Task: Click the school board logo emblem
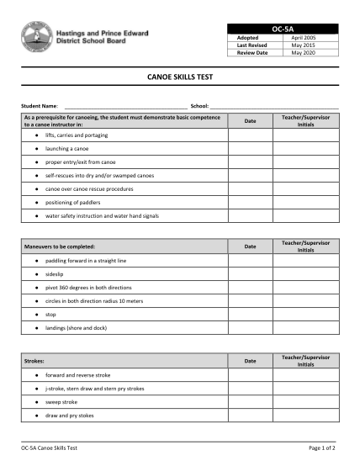tap(34, 37)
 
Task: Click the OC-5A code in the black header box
tap(283, 29)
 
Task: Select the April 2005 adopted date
tap(303, 39)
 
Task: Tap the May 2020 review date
tap(303, 52)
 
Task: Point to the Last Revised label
tap(250, 45)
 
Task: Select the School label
tap(199, 106)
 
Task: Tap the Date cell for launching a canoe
tap(250, 148)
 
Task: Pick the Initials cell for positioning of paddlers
tap(306, 203)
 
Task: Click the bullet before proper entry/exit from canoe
tap(37, 162)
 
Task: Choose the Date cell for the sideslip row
tap(250, 273)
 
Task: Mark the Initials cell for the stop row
tap(306, 314)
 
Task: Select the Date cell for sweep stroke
tap(250, 402)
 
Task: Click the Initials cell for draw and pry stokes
tap(306, 416)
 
